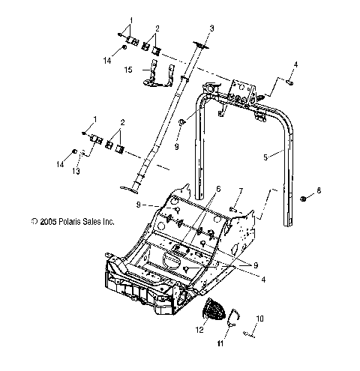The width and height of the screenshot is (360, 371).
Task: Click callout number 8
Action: [318, 191]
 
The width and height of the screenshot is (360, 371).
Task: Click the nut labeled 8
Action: [301, 199]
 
